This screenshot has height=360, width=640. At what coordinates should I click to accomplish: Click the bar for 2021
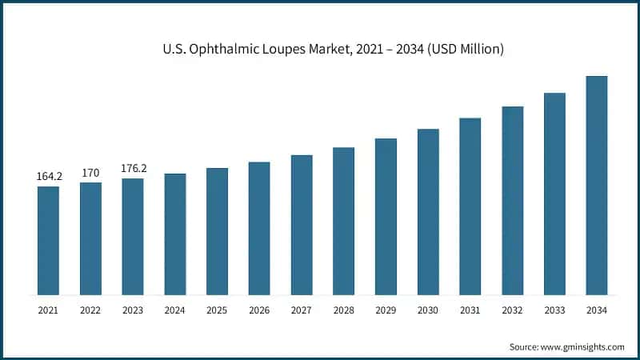click(x=48, y=240)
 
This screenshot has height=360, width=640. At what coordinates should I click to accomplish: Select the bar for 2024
click(x=175, y=234)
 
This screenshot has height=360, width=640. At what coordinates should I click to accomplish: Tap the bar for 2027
click(x=302, y=224)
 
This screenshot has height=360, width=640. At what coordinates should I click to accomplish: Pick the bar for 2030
click(x=428, y=211)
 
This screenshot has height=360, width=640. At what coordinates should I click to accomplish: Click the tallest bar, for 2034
click(x=597, y=185)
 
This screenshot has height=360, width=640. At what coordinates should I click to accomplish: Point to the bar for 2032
click(x=512, y=200)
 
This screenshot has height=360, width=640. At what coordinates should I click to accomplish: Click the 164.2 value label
click(x=49, y=176)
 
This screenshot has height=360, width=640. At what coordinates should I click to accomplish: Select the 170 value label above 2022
click(x=90, y=172)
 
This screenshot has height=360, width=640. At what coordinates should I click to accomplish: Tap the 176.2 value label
click(x=133, y=168)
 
